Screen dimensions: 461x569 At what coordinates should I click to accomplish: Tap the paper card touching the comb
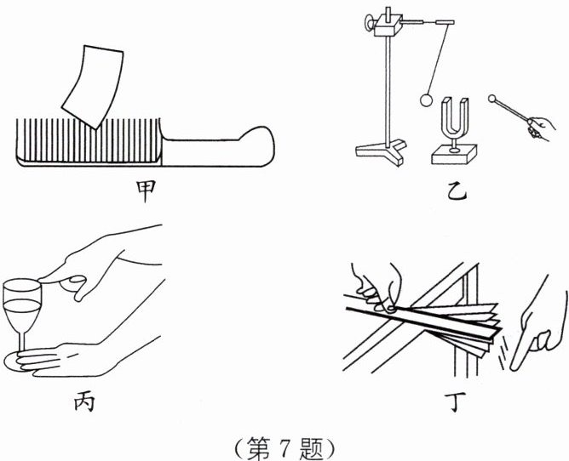tap(90, 86)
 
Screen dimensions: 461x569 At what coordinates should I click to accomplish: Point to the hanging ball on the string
tap(427, 100)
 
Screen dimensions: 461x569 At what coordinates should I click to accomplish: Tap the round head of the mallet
tap(492, 99)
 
